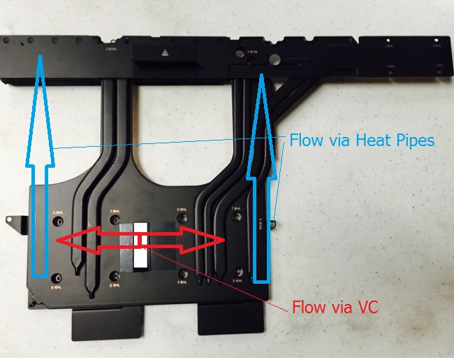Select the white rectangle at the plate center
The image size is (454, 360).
coord(141,245)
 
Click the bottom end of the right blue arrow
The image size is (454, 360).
coord(261,280)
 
